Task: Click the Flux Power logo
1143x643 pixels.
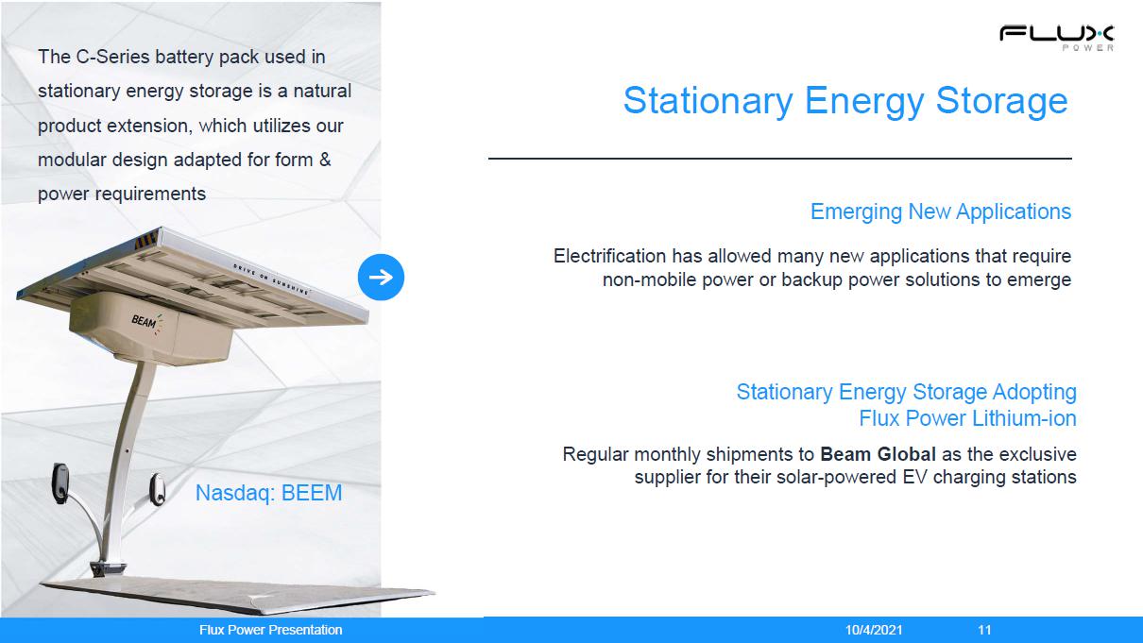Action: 1056,38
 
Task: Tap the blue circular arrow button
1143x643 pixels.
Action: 381,277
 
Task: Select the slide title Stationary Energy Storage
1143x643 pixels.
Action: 845,101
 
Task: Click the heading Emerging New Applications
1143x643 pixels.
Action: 941,212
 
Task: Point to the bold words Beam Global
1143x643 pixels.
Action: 878,454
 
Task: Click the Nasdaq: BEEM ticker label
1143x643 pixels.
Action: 269,493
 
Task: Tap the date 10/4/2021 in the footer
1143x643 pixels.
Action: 874,630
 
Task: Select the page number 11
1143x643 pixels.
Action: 984,630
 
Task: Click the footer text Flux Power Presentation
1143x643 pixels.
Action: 270,630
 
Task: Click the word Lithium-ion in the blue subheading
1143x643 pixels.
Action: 1024,418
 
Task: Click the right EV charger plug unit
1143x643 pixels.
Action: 157,488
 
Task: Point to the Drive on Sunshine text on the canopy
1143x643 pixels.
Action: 271,279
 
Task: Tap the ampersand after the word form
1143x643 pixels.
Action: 325,160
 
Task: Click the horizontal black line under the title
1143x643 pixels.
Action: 779,159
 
